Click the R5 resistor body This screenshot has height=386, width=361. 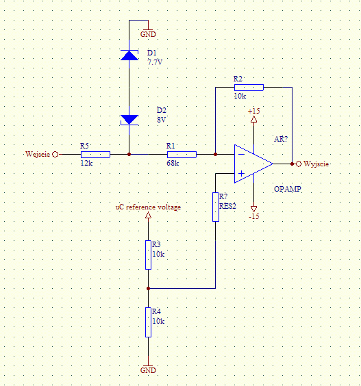coord(96,155)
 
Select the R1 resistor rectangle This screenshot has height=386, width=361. coord(182,155)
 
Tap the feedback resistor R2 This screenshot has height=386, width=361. coord(249,88)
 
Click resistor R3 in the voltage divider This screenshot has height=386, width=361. coord(148,255)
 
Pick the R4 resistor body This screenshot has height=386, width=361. coord(148,322)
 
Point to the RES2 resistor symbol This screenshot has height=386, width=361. coord(216,207)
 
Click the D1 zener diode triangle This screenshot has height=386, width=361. coord(129,55)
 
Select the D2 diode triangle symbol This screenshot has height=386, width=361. coord(129,120)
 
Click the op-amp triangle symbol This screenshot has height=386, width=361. coord(253,164)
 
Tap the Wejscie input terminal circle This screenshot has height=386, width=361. coord(55,155)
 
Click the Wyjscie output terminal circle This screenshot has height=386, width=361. coord(299,164)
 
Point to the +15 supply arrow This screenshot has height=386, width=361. coord(254,119)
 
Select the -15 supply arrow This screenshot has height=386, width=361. coord(254,209)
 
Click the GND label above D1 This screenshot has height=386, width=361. coord(148,34)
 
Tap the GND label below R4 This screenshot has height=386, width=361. coord(148,370)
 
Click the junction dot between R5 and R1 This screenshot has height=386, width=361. coord(129,155)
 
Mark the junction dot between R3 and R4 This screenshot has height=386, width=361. coord(148,288)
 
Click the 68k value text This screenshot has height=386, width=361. coord(173,163)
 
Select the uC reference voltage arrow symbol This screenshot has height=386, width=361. coord(148,216)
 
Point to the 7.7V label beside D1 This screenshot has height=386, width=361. coord(155,62)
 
